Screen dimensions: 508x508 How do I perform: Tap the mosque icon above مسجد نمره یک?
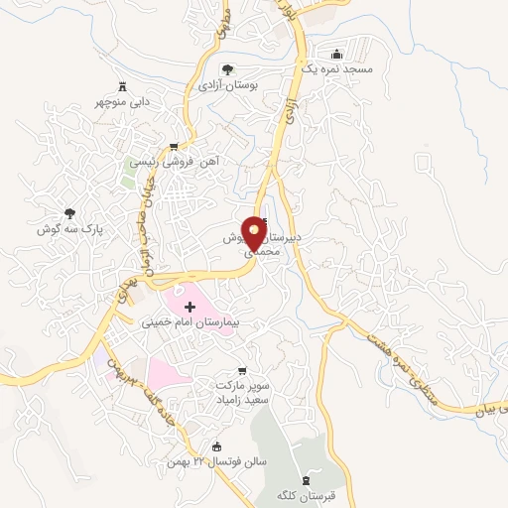(x=336, y=54)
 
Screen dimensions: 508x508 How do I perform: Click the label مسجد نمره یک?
(x=336, y=71)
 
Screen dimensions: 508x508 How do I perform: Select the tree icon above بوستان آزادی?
(x=227, y=69)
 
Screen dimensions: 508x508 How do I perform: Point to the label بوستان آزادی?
(x=228, y=86)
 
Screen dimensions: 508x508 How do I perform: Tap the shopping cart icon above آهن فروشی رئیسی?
(x=174, y=146)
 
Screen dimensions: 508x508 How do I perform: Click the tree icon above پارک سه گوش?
(x=69, y=212)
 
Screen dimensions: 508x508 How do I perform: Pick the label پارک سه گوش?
(x=69, y=229)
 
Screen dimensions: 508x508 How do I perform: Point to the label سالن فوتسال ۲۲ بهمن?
(x=217, y=461)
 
